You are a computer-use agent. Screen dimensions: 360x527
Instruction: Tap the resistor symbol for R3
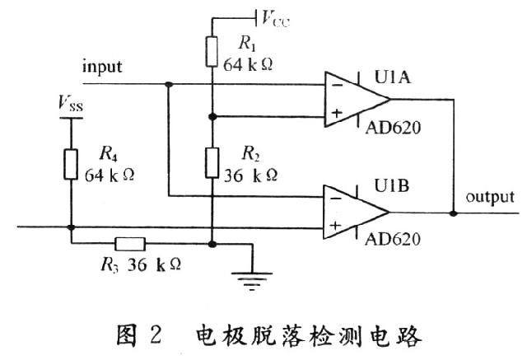tap(129, 244)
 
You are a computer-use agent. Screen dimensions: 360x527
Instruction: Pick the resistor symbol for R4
tap(72, 163)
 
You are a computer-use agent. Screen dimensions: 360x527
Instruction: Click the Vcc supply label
tap(277, 17)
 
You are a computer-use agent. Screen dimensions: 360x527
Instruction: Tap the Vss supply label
tap(71, 104)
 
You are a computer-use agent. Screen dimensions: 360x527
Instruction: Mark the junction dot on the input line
tap(168, 83)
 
